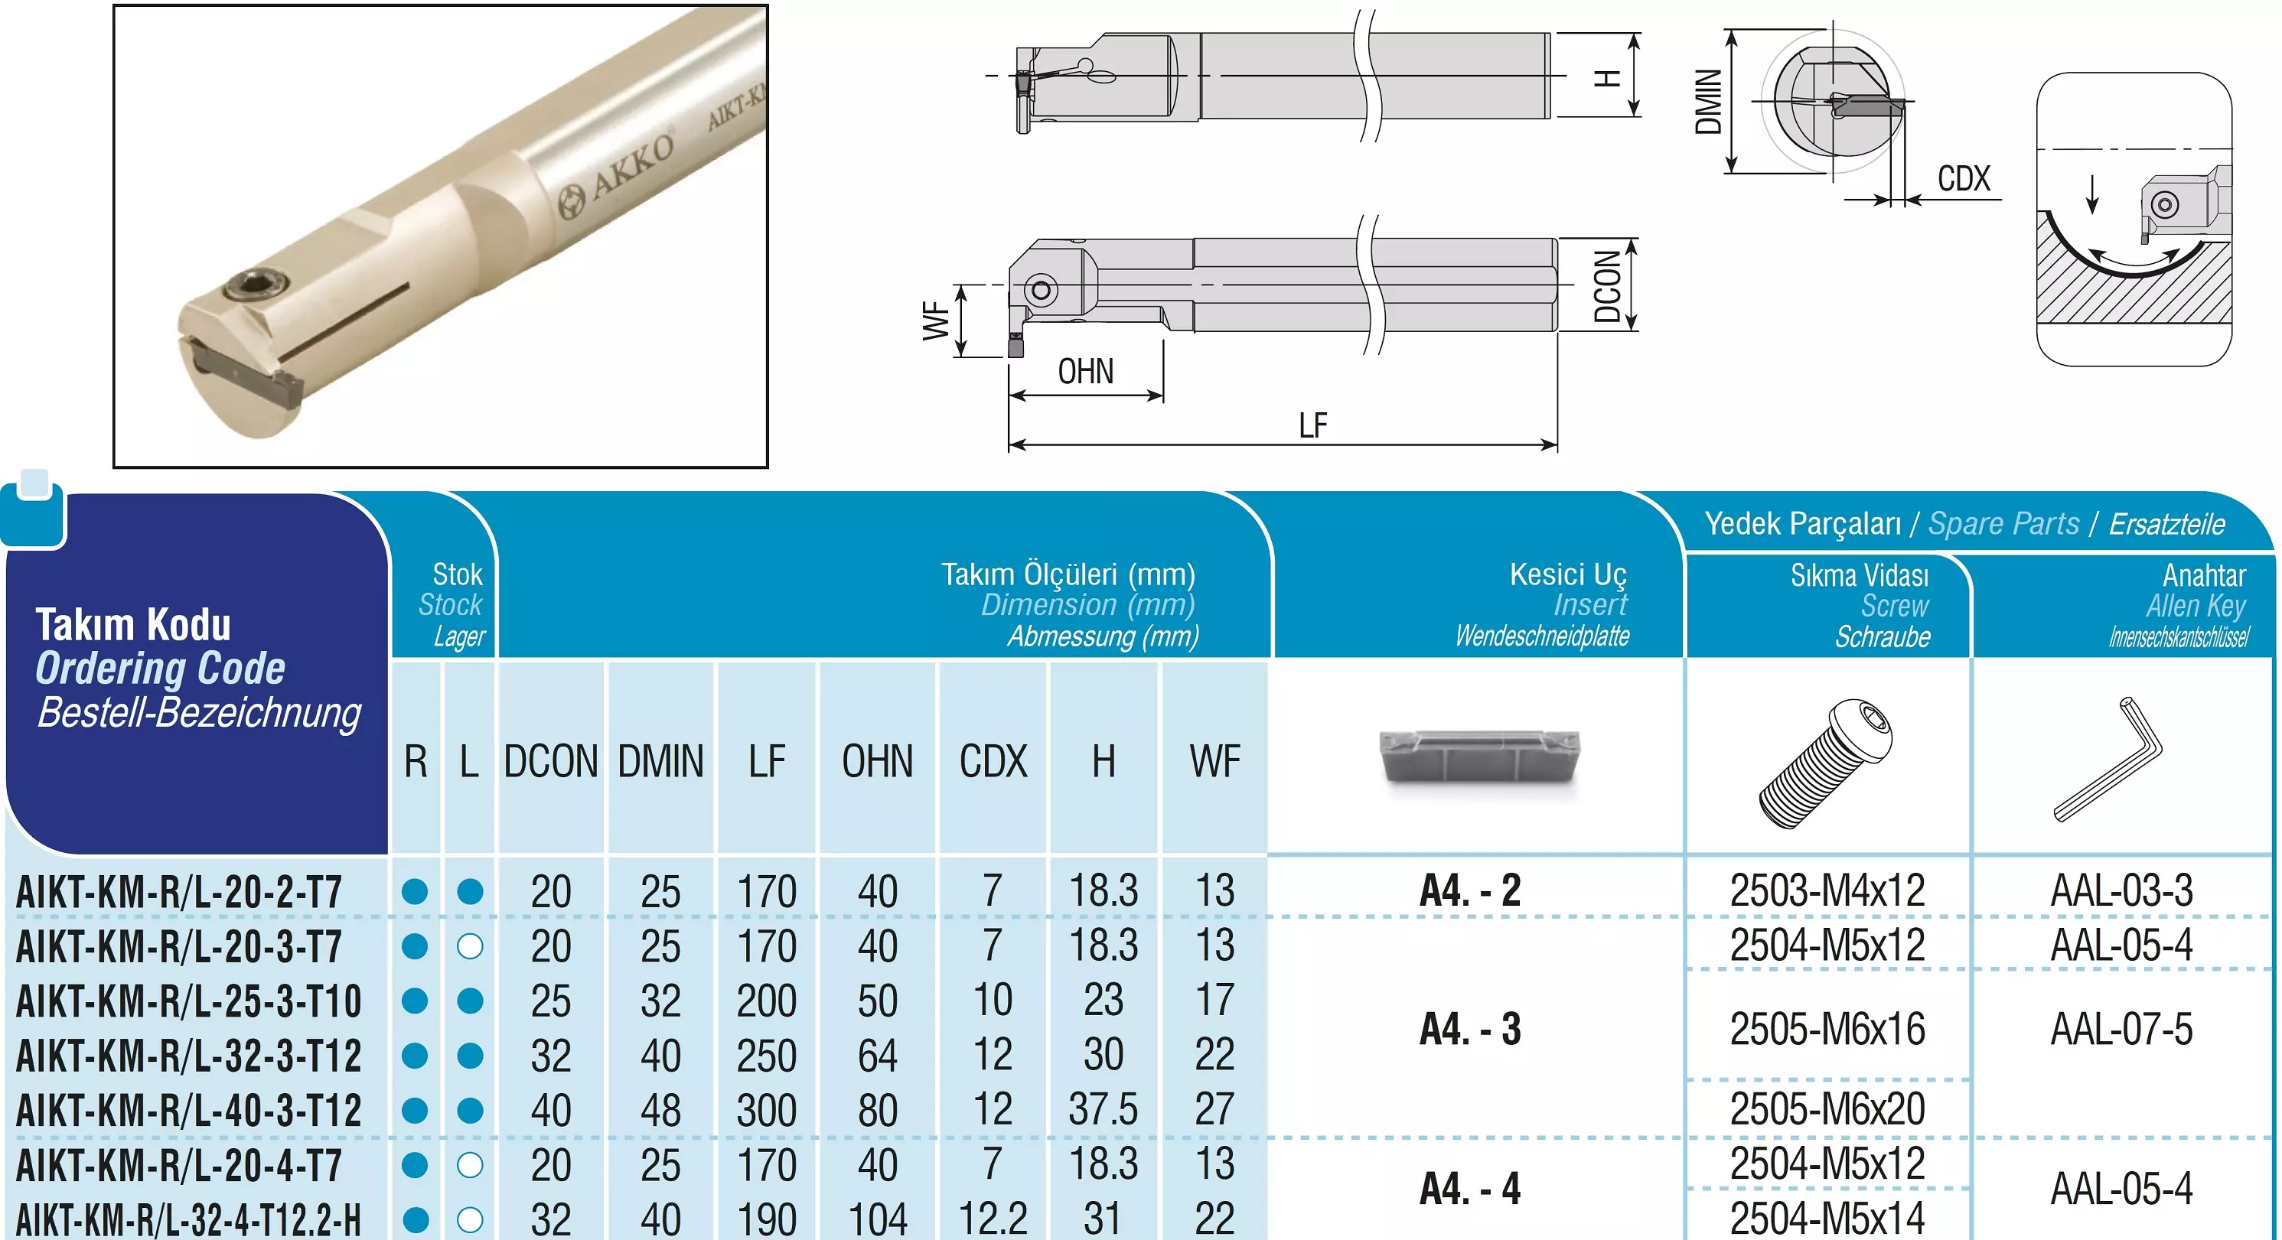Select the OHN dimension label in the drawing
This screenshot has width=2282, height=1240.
coord(1085,371)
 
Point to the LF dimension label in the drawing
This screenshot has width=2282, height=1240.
coord(1313,425)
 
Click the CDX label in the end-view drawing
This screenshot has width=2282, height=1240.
coord(1964,178)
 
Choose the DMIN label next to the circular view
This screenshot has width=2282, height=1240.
coord(1707,101)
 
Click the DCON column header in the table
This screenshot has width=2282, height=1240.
coord(551,761)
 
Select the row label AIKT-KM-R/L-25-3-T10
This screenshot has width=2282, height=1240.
coord(189,1001)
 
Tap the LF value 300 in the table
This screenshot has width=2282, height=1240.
coord(766,1110)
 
